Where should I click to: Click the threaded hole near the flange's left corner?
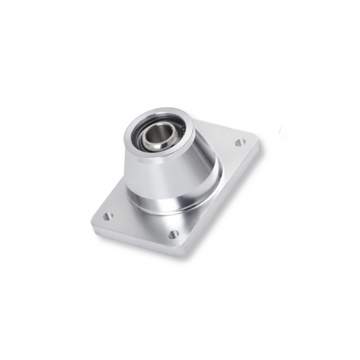[107, 217]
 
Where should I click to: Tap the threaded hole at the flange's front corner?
[173, 234]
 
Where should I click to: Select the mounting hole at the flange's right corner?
[239, 143]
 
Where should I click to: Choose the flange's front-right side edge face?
[223, 203]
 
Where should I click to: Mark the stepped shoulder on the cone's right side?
[213, 172]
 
